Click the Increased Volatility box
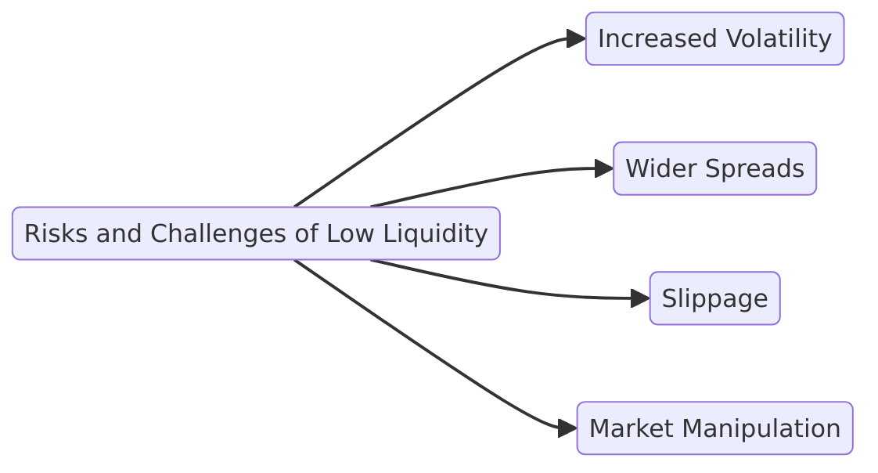click(714, 38)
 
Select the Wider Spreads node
click(714, 168)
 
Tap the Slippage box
click(714, 298)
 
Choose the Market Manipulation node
click(714, 428)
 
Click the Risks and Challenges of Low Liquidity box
click(256, 233)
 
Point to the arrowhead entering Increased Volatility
click(577, 38)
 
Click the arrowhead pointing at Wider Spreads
click(604, 168)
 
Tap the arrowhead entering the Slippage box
click(640, 298)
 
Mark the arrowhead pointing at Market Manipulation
click(567, 428)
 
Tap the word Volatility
click(779, 38)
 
